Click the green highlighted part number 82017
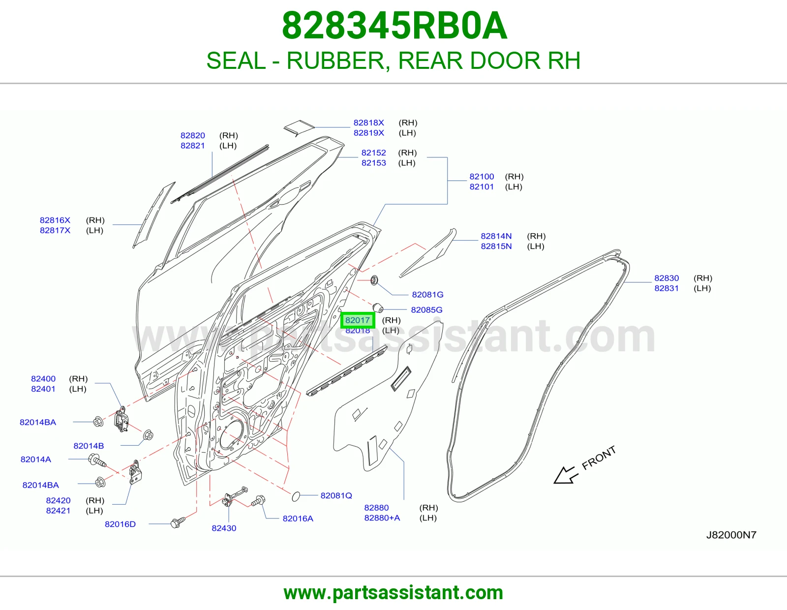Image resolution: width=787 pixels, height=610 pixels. coord(358,320)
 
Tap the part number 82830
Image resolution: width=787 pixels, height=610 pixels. coord(666,278)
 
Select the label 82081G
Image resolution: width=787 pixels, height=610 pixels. coord(427,295)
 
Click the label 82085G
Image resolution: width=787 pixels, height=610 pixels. coord(426,310)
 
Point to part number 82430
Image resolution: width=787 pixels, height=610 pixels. coord(224,528)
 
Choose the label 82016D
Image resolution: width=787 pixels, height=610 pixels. coord(120,524)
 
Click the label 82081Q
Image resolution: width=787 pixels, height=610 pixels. coord(336,495)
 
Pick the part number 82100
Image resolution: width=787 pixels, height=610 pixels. coord(482,177)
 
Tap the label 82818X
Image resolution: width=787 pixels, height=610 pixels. coord(369,123)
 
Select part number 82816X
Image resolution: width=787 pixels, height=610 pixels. coord(55,220)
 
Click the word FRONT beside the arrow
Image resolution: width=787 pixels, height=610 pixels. coord(599,458)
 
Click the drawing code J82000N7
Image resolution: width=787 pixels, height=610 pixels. coord(731,535)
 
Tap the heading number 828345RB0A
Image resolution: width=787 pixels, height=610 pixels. coord(394,26)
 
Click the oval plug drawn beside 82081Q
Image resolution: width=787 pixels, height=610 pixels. coord(296,496)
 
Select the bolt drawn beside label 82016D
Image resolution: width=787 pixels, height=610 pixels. coord(178,522)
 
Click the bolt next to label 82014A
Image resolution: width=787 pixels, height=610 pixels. coord(97,461)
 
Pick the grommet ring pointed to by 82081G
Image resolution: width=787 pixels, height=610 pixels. coord(374,280)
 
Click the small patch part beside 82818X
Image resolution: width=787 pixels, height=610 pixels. coord(299,127)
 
